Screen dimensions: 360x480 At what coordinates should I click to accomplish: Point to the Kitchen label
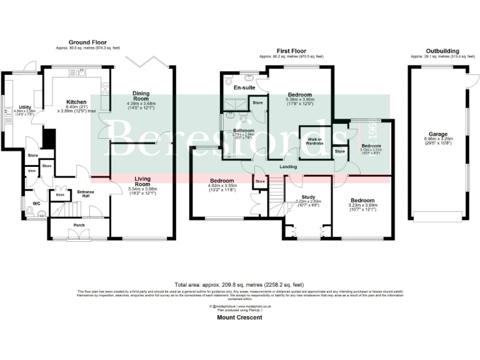[x=77, y=102]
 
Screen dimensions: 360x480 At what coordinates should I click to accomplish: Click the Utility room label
[x=25, y=107]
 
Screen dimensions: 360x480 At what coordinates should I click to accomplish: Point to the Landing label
[x=288, y=166]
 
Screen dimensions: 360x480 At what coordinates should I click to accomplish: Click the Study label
[x=307, y=197]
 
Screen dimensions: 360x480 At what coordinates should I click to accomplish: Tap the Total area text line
[x=239, y=283]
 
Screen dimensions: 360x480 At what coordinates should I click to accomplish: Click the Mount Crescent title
[x=239, y=317]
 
